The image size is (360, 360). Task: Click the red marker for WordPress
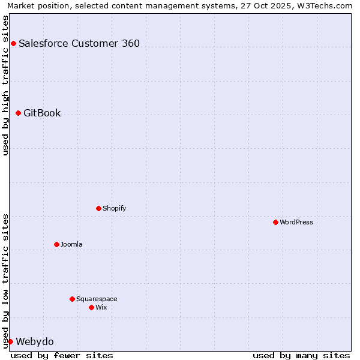(275, 222)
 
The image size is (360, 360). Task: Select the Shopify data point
(98, 208)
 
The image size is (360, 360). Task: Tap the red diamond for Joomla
(56, 244)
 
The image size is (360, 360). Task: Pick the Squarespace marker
(72, 299)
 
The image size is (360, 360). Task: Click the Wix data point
(91, 307)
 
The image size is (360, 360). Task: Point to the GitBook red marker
(18, 113)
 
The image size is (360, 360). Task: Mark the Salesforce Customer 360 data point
(13, 43)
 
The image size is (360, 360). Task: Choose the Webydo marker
(10, 341)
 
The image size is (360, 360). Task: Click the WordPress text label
(296, 222)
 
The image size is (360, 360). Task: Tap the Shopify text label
(114, 208)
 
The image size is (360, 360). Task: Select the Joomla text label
(71, 244)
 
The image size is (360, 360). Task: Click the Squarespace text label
(97, 299)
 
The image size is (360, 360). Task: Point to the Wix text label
(101, 307)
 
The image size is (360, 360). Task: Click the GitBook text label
(42, 113)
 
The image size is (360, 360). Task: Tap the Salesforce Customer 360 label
(79, 43)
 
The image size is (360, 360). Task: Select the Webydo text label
(35, 341)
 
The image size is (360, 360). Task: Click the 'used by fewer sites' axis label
(62, 355)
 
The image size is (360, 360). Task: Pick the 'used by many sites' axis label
(301, 355)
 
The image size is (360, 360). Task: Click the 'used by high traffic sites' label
(5, 85)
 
